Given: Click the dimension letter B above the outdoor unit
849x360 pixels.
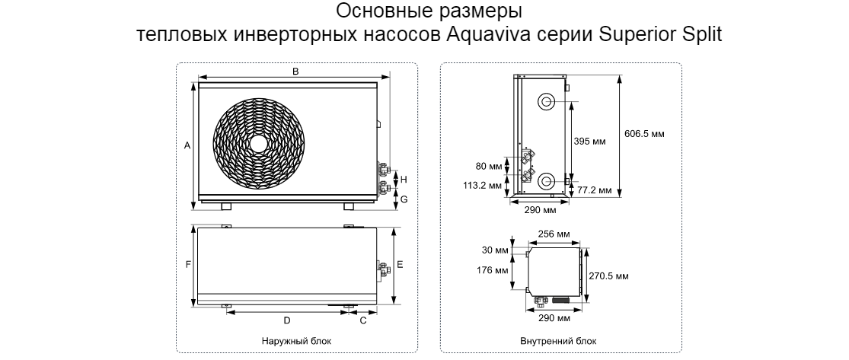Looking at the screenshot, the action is (296, 72).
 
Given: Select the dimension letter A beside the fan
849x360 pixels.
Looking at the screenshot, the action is (187, 145).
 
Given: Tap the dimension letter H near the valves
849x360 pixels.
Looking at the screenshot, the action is (404, 179).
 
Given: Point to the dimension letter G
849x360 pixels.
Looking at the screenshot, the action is (404, 199).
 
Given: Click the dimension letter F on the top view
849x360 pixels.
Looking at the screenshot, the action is (188, 265).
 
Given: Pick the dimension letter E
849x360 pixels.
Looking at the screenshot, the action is (401, 265).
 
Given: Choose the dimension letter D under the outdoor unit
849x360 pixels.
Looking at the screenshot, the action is (287, 320).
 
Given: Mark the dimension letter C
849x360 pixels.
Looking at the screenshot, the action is (363, 320).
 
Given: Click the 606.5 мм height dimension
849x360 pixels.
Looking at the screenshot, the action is (644, 134).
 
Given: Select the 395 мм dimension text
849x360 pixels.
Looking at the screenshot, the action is (589, 142).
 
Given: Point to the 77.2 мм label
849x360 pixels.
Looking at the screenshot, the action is (594, 190).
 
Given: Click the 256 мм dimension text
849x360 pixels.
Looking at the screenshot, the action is (554, 234).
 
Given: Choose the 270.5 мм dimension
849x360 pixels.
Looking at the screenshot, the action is (608, 276).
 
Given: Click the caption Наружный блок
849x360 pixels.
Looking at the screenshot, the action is (296, 342).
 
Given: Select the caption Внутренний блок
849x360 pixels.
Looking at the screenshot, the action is (558, 342).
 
